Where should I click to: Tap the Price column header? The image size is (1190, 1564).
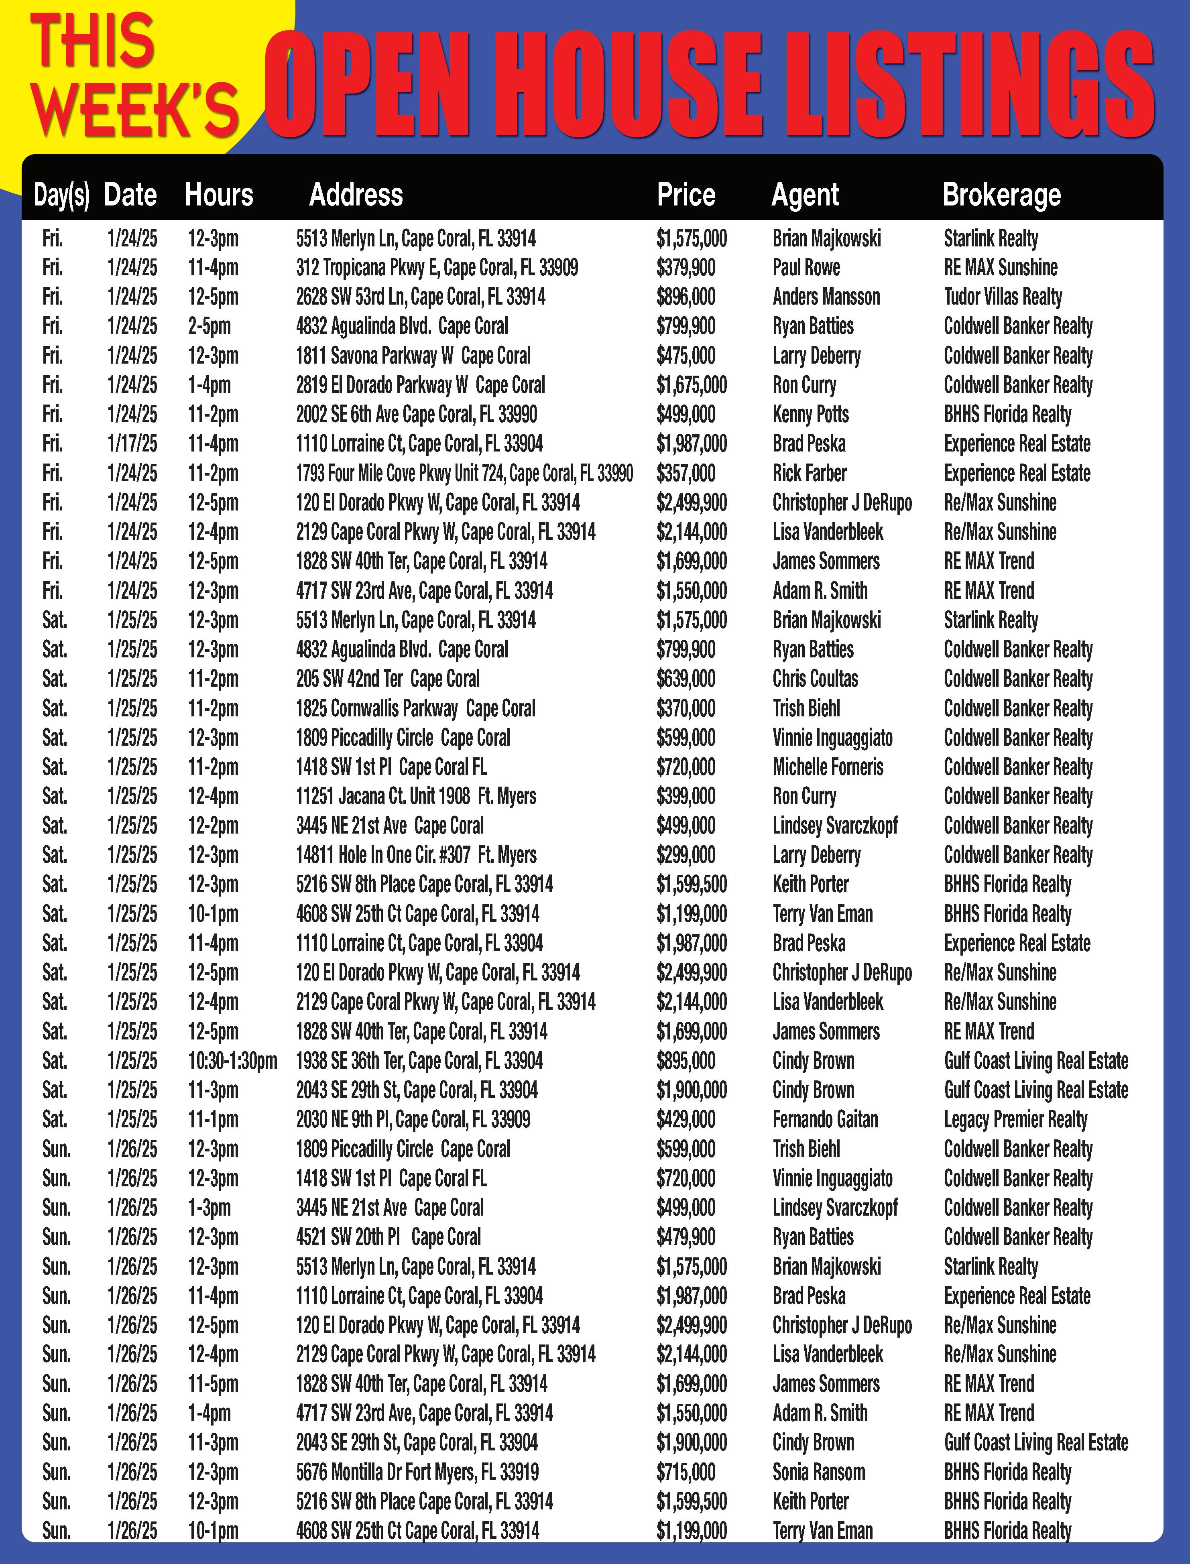point(686,195)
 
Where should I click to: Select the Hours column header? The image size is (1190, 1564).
point(219,195)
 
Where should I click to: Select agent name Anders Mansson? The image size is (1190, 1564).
point(826,297)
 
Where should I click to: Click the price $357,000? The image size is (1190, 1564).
point(685,473)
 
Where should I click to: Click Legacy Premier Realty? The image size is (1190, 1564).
point(1015,1120)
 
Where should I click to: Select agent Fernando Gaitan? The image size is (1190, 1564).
point(825,1120)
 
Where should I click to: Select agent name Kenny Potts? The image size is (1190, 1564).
point(810,414)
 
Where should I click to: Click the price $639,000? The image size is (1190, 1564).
point(685,679)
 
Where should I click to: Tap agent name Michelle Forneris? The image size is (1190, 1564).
point(828,767)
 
